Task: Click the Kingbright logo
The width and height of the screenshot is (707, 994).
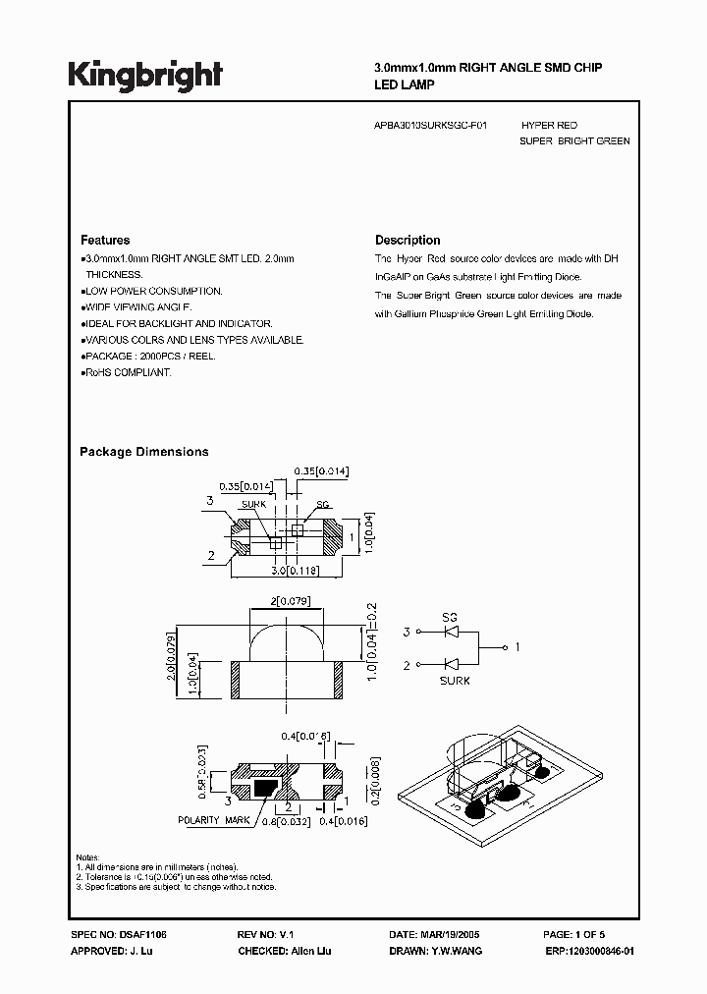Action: coord(145,75)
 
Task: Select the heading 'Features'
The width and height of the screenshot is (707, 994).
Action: coord(105,240)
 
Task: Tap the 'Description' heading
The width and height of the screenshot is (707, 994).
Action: coord(408,240)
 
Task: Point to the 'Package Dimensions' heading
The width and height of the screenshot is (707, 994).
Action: coord(143,452)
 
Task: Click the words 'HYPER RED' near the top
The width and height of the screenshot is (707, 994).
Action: coord(549,126)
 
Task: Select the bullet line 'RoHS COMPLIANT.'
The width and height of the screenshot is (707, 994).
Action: coord(128,373)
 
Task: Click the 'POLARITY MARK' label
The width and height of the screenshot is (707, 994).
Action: coord(211,819)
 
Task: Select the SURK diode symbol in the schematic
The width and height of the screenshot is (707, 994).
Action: coord(451,665)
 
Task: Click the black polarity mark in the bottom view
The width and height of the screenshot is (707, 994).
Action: coord(266,786)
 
